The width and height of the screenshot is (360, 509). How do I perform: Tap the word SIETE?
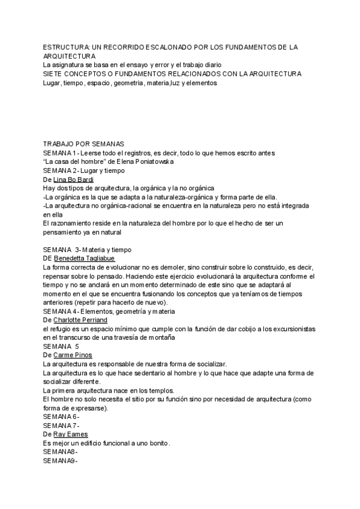(53, 74)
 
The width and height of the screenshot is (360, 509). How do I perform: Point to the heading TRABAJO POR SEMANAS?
(83, 144)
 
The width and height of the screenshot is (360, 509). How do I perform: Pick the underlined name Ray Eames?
(70, 434)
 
